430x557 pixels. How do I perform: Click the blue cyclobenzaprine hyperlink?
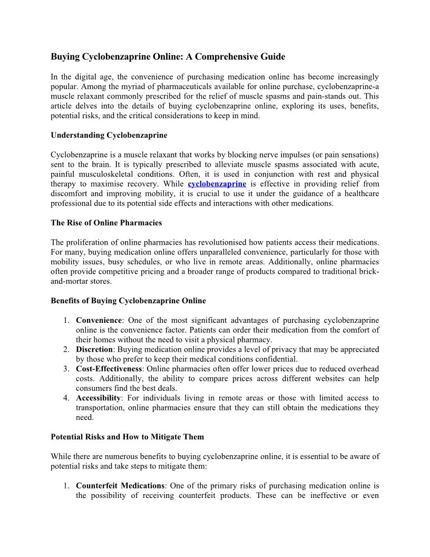(x=217, y=184)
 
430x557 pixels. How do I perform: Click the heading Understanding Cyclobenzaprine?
(x=109, y=136)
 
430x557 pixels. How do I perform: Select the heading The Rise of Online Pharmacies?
(x=106, y=223)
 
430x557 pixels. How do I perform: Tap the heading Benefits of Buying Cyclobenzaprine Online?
(x=128, y=301)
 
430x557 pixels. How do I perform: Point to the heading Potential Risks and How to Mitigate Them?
(x=127, y=437)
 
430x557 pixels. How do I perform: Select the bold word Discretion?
(x=94, y=350)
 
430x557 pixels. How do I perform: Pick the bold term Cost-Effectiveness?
(x=109, y=369)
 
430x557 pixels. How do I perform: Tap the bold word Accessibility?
(x=99, y=398)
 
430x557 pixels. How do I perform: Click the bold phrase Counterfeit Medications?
(x=121, y=486)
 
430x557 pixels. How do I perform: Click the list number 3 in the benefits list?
(x=67, y=369)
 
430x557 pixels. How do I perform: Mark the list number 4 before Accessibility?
(x=67, y=398)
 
